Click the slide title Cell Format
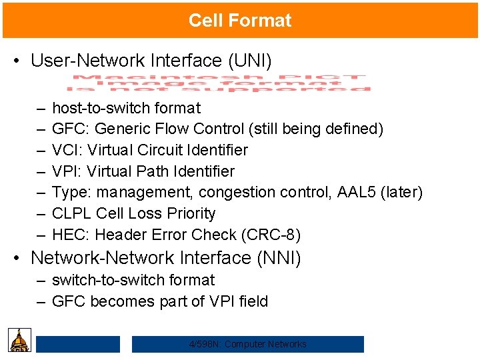tap(239, 20)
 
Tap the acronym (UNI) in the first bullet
tap(250, 61)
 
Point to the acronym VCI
tap(65, 150)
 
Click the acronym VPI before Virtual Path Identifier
tap(65, 171)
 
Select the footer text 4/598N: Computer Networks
tap(247, 344)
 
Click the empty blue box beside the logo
tap(77, 344)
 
